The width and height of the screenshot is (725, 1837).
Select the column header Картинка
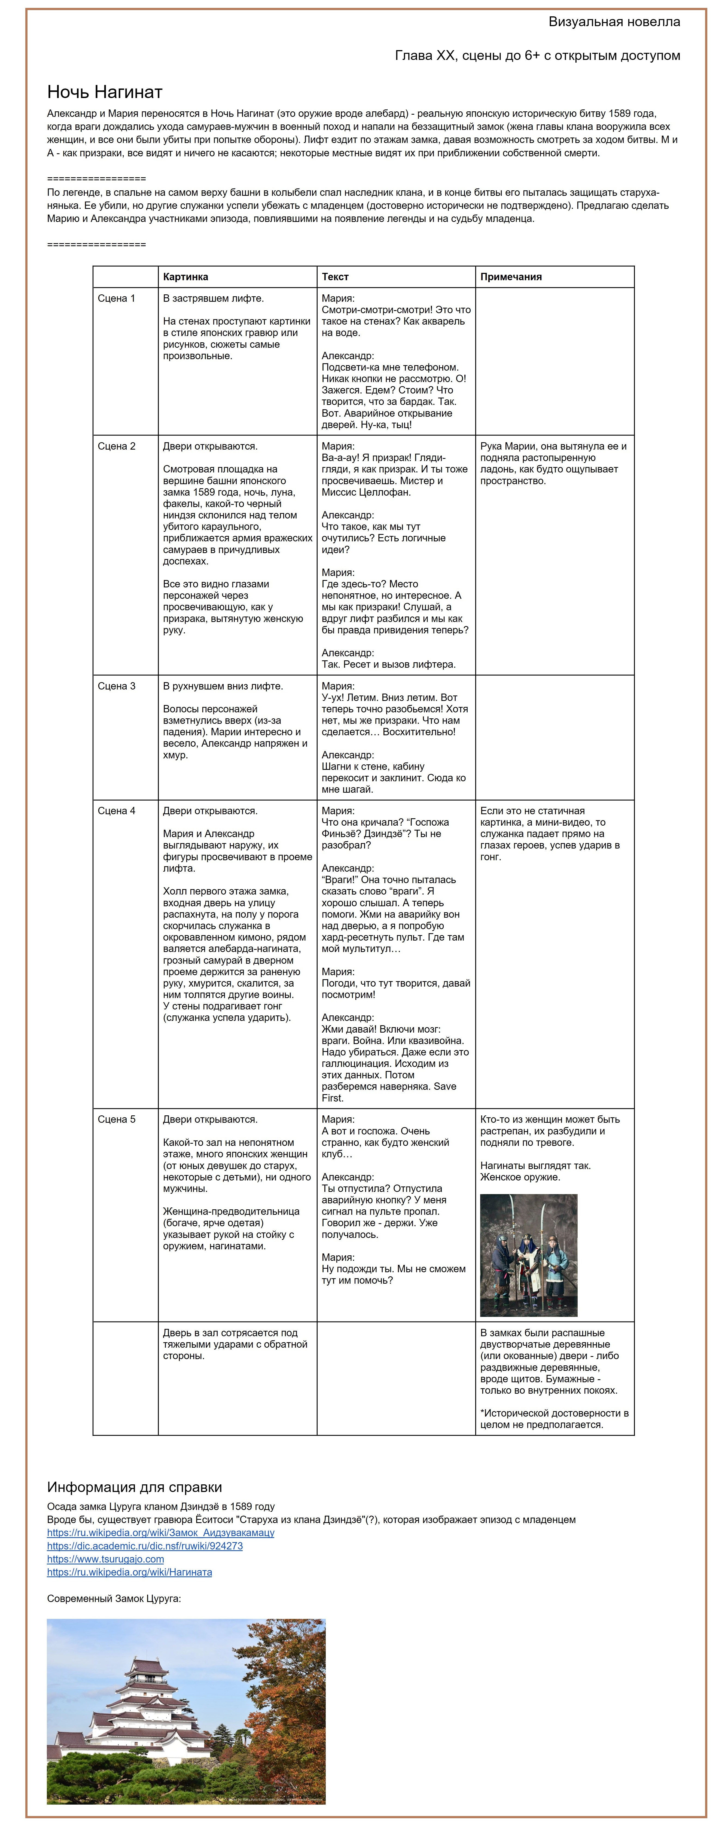coord(185,277)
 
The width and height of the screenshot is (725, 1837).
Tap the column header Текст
coord(335,277)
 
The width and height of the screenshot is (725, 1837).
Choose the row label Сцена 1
coord(116,298)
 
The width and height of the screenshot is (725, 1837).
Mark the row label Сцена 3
coord(116,686)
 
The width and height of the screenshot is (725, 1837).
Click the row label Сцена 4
coord(116,811)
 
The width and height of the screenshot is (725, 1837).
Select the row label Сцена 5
coord(116,1119)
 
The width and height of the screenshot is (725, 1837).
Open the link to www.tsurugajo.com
coord(105,1559)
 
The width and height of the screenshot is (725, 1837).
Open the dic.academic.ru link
coord(145,1546)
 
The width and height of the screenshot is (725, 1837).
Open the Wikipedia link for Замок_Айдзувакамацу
coord(160,1533)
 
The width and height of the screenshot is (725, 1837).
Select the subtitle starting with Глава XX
coord(538,56)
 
